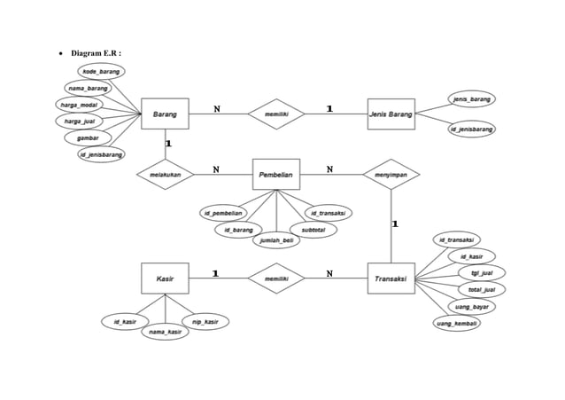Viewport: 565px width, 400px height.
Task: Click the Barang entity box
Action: coord(165,114)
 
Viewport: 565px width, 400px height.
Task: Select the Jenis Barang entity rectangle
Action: coord(391,114)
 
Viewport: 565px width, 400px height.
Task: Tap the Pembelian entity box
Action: coord(276,174)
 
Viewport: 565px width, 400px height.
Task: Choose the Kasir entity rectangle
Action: coord(165,278)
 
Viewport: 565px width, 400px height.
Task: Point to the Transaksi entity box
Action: coord(391,278)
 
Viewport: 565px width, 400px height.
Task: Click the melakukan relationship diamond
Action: coord(165,174)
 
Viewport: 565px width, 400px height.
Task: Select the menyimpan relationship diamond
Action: coord(391,174)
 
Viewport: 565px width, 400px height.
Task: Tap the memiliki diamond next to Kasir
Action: coord(276,278)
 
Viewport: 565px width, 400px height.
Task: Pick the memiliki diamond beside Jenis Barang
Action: coord(276,114)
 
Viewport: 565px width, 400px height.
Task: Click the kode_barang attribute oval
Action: coord(101,71)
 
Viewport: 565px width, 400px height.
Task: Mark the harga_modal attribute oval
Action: coord(78,105)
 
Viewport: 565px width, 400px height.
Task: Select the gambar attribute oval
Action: coord(87,138)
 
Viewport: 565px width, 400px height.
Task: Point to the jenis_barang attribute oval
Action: coord(471,98)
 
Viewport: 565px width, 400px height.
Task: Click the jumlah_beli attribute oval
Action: coord(276,240)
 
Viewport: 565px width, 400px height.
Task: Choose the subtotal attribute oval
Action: coord(313,229)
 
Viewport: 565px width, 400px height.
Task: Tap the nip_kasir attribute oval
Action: coord(205,320)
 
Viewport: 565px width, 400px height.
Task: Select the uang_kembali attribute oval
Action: coord(458,323)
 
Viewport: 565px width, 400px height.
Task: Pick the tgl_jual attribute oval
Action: coord(482,272)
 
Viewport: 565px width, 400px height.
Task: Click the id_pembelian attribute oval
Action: coord(222,213)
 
